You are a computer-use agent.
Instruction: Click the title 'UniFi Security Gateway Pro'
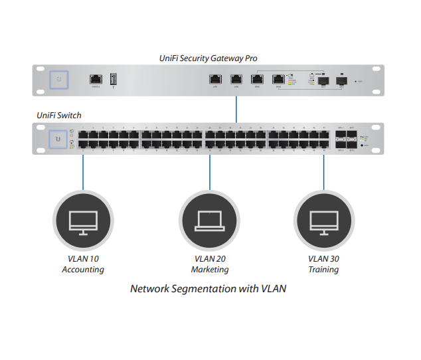pyautogui.click(x=209, y=58)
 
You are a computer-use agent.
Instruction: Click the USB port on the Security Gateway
pyautogui.click(x=113, y=80)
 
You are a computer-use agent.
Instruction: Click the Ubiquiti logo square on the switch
pyautogui.click(x=59, y=139)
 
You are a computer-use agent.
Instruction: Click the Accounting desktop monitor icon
pyautogui.click(x=83, y=221)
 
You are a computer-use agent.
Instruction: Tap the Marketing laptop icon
pyautogui.click(x=209, y=221)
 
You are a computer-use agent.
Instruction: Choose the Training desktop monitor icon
pyautogui.click(x=324, y=221)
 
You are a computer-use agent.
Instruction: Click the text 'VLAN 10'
pyautogui.click(x=83, y=258)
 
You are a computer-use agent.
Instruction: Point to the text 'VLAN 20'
pyautogui.click(x=209, y=258)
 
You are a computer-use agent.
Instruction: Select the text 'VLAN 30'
pyautogui.click(x=324, y=258)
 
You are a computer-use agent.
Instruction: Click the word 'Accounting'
pyautogui.click(x=83, y=270)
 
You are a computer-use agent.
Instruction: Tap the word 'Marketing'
pyautogui.click(x=209, y=270)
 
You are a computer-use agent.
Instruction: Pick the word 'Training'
pyautogui.click(x=324, y=270)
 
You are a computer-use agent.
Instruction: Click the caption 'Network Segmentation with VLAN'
pyautogui.click(x=208, y=289)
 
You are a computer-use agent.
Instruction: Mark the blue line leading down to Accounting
pyautogui.click(x=83, y=171)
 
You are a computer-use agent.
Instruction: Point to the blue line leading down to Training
pyautogui.click(x=324, y=171)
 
